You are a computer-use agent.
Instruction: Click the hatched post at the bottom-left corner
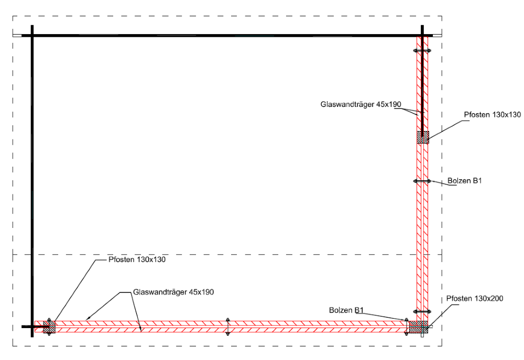(49, 327)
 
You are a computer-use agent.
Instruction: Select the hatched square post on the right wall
(422, 137)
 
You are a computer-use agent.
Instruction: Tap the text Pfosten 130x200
(475, 299)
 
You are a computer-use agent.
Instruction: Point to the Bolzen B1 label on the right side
(464, 181)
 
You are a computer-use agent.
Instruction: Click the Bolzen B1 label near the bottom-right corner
(346, 310)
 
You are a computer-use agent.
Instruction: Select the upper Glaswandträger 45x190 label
(361, 104)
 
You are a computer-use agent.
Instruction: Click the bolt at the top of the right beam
(422, 51)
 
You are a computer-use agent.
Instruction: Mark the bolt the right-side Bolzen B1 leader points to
(422, 181)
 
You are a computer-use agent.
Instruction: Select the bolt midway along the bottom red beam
(227, 326)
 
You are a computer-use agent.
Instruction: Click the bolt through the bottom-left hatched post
(49, 327)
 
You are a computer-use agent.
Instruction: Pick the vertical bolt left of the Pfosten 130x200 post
(406, 326)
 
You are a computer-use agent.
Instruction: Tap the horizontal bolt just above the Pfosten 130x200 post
(422, 312)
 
